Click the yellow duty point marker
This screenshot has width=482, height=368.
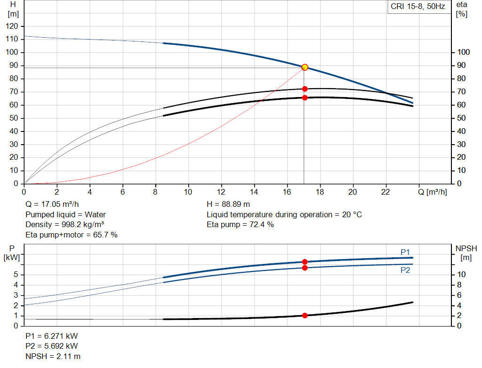(x=305, y=67)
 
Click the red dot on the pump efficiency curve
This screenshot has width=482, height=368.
(x=305, y=89)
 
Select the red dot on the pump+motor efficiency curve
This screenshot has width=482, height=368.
(x=305, y=98)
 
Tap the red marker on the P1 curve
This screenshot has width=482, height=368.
(x=305, y=262)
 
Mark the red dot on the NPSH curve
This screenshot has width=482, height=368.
(x=305, y=315)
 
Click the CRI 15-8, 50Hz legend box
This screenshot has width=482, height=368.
(x=418, y=7)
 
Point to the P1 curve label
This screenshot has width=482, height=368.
(x=405, y=252)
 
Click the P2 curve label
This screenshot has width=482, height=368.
(x=405, y=270)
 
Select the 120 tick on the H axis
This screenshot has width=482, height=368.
(x=12, y=26)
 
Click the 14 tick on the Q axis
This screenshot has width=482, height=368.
(x=254, y=192)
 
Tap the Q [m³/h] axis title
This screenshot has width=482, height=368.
(x=432, y=192)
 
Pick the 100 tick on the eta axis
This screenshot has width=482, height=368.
(x=463, y=52)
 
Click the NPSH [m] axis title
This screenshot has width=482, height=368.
(x=466, y=253)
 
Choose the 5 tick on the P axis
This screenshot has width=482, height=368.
(x=16, y=274)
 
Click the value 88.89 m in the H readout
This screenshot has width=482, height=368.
(x=236, y=204)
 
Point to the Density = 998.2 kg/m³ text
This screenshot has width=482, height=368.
(x=64, y=225)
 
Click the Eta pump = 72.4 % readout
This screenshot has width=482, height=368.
(x=240, y=225)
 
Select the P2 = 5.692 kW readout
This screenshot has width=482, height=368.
(x=52, y=346)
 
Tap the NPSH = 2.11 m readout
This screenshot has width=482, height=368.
(x=53, y=357)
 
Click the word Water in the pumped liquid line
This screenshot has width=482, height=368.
(x=95, y=214)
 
